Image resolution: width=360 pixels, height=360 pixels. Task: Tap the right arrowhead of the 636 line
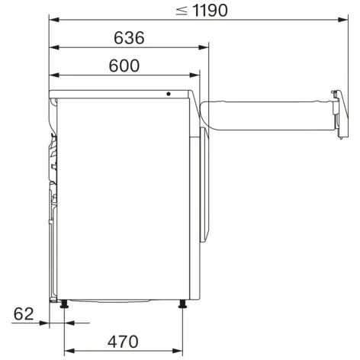pos(204,47)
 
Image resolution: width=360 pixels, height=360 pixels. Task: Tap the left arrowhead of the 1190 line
pos(53,19)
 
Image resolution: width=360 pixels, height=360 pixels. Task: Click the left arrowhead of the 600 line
pos(53,76)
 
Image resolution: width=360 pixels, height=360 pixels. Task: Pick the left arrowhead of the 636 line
pos(53,47)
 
